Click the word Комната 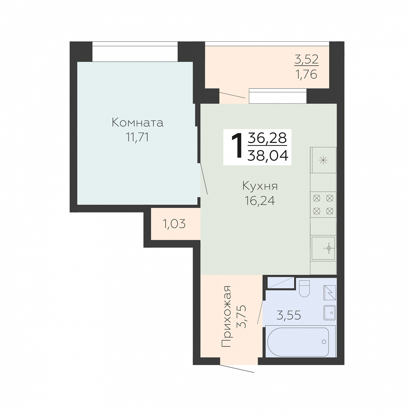[137, 123]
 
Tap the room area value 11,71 [137, 137]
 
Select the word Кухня [260, 186]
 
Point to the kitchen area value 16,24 [260, 201]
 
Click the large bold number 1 [237, 146]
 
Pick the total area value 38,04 [268, 155]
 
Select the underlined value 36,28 [267, 138]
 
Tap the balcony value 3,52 [306, 59]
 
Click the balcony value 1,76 [306, 74]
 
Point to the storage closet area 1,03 [174, 224]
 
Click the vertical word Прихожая [226, 317]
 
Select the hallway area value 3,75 [241, 317]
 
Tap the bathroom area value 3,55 [289, 315]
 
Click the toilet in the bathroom [304, 289]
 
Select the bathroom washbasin [330, 313]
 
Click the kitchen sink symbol [323, 248]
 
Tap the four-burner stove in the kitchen [323, 204]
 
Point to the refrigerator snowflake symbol [323, 160]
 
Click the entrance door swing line [237, 369]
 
